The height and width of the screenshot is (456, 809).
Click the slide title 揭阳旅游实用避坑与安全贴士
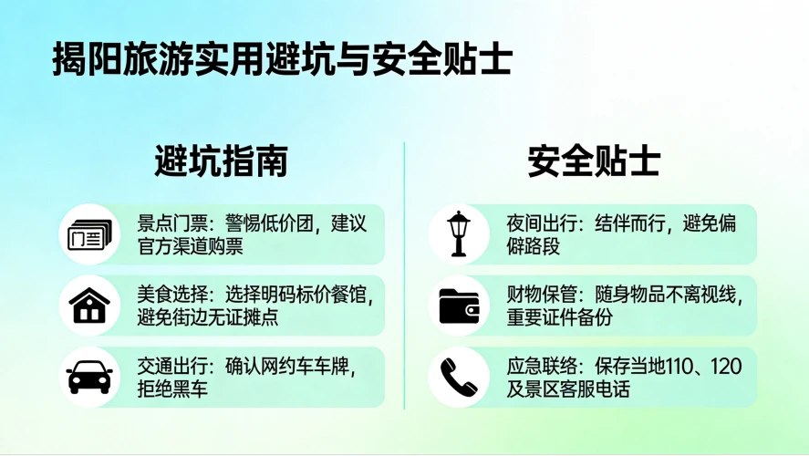coord(283,60)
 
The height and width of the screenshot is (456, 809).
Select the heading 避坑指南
coord(222,161)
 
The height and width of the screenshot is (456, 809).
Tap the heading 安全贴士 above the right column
coord(594,161)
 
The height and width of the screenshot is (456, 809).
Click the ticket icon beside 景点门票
coord(89,235)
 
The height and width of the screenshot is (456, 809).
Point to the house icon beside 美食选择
coord(89,306)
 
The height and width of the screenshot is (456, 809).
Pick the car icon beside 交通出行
coord(89,377)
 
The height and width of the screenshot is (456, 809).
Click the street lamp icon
coord(459,234)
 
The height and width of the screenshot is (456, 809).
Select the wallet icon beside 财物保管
coord(459,306)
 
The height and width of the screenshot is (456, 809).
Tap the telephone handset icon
coord(459,377)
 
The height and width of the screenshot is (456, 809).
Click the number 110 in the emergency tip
coord(674,366)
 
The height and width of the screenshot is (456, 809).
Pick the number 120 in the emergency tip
coord(726,366)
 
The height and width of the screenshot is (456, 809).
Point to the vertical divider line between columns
coord(404,274)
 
